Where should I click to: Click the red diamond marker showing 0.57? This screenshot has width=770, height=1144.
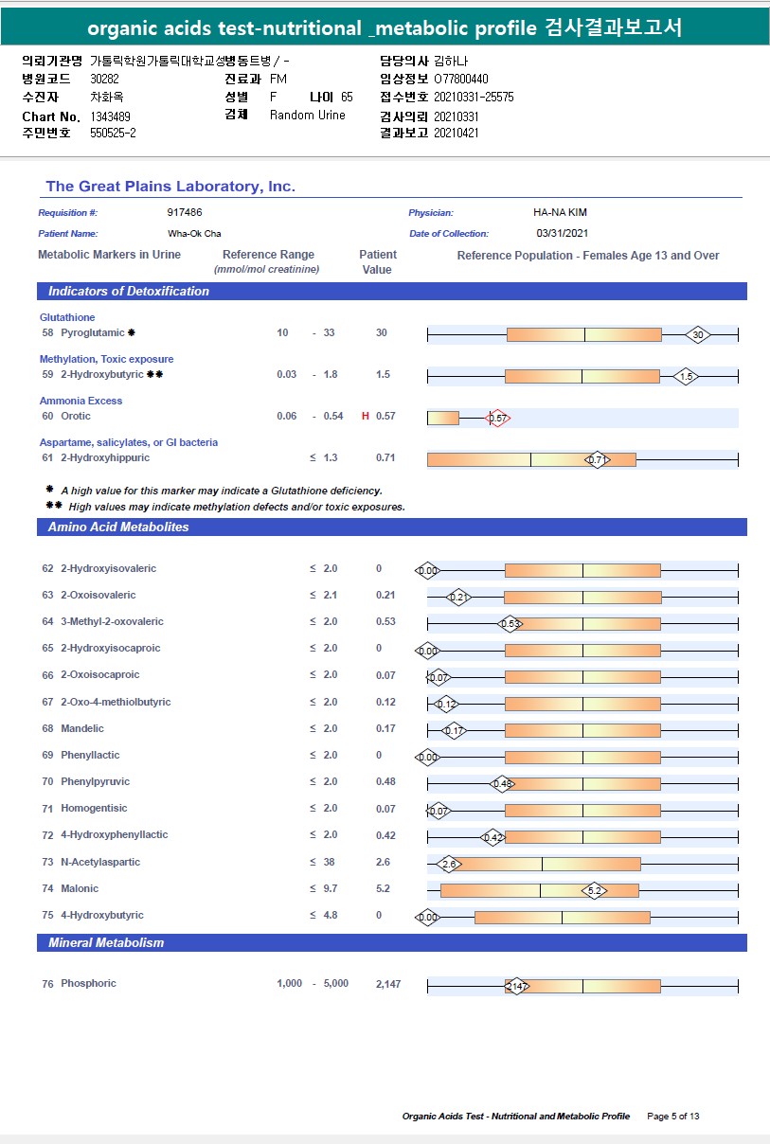pos(497,418)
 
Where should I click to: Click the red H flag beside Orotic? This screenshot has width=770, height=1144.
pos(366,417)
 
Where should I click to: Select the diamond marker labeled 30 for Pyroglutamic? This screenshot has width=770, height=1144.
pos(698,334)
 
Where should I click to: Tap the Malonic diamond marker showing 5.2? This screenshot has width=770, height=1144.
pos(595,890)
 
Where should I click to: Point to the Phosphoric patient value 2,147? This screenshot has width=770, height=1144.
pos(388,984)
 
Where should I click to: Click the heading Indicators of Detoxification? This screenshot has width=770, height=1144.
pos(129,292)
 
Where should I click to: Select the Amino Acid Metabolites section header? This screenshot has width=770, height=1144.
pos(118,527)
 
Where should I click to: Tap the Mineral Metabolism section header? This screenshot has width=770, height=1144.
pos(106,943)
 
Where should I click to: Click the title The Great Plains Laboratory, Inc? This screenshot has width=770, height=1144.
pos(170,187)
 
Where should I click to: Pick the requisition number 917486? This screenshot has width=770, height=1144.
pos(185,213)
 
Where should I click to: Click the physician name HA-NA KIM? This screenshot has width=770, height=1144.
pos(561,213)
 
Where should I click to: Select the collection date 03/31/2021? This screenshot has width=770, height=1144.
pos(563,233)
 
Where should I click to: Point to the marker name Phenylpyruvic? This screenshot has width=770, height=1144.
pos(95,782)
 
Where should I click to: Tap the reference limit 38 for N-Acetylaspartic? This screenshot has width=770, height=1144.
pos(329,863)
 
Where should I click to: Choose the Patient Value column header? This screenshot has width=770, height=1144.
pos(377,262)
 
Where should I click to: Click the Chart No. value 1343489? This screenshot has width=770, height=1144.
pos(111,116)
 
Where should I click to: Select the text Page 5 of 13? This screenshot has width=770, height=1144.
pos(673,1117)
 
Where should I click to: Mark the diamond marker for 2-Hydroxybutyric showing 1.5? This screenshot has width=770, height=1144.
pos(687,376)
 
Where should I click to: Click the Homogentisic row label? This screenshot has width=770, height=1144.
pos(93,809)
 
